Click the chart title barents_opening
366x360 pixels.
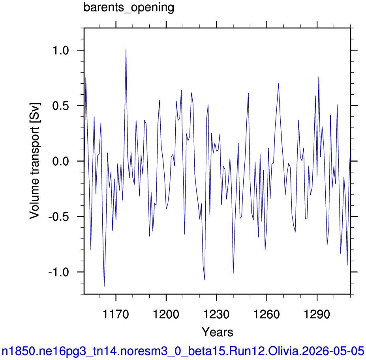tap(129, 8)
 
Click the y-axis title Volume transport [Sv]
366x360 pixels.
tap(35, 161)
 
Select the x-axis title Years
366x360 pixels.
tap(217, 332)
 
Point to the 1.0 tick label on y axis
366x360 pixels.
tap(61, 50)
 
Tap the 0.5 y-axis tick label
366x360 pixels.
tap(61, 106)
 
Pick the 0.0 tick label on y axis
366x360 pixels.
tap(61, 161)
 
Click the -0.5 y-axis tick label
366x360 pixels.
tap(58, 217)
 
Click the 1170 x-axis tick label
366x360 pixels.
tap(116, 314)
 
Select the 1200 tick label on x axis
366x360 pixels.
tap(166, 314)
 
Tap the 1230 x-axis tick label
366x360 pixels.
tap(216, 314)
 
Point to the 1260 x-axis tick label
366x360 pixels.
tap(267, 314)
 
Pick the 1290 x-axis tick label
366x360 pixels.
tap(317, 314)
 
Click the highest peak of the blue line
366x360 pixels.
tap(126, 49)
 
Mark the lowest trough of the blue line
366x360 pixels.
tap(104, 286)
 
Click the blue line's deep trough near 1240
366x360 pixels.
tap(233, 273)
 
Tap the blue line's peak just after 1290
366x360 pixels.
tap(319, 77)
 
